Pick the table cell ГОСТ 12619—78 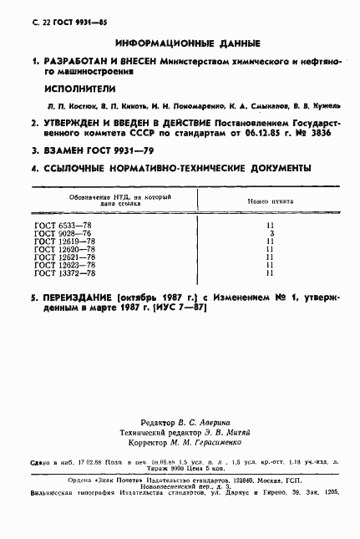coord(65,242)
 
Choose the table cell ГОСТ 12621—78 coord(65,257)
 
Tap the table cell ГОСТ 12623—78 coord(65,265)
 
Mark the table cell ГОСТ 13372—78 coord(65,272)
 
